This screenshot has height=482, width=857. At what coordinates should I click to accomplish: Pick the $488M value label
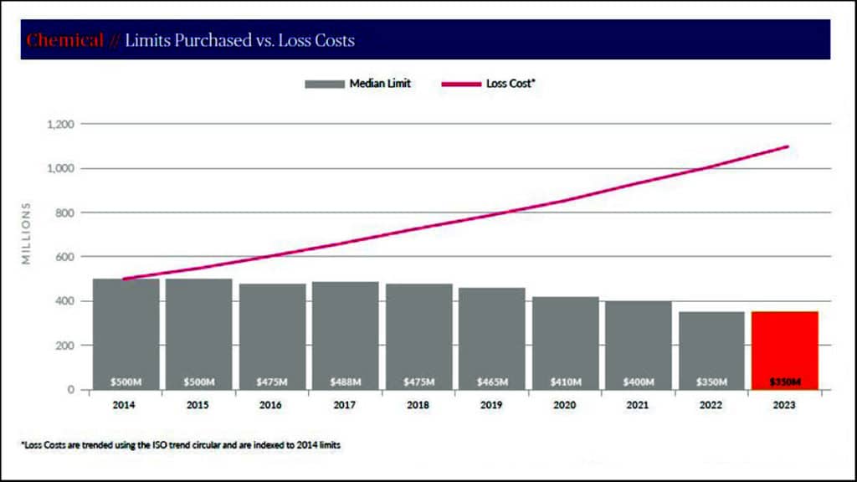click(x=345, y=382)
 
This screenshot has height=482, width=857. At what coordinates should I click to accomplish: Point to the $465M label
click(x=491, y=382)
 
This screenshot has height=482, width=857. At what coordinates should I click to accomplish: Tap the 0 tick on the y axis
click(x=71, y=389)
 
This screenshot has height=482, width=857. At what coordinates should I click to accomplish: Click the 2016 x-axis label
click(x=272, y=404)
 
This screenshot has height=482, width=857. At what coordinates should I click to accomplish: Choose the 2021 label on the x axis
click(x=638, y=404)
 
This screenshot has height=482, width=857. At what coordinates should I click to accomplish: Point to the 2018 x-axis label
click(x=418, y=404)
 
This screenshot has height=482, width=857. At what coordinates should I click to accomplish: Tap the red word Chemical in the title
click(x=65, y=40)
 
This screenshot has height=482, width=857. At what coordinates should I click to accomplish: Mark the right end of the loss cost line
click(x=788, y=146)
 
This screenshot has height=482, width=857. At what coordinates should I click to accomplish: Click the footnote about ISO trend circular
click(x=180, y=444)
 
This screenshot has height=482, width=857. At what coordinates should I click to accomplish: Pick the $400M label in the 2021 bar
click(x=638, y=382)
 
